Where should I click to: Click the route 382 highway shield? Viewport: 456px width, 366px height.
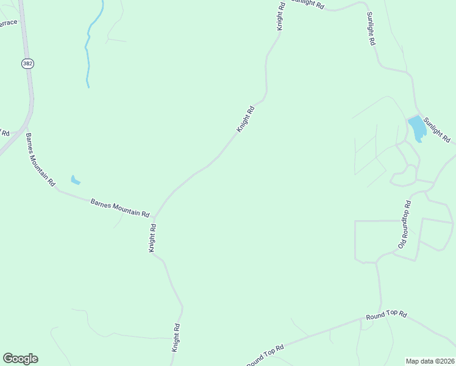coord(27,63)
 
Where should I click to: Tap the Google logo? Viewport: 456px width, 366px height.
coord(20,359)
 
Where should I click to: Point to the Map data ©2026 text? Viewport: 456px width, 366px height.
coord(430,361)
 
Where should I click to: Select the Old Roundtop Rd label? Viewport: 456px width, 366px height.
coord(405,224)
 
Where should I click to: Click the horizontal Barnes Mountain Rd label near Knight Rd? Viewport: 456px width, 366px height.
coord(120,208)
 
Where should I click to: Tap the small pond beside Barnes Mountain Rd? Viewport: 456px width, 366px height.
coord(75,180)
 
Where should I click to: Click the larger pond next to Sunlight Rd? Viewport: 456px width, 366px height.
coord(416,127)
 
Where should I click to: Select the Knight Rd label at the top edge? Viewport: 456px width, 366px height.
coord(281,15)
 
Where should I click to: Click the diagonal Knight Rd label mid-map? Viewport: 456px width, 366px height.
coord(245,120)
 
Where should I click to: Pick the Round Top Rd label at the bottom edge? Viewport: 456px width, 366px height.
coord(266,356)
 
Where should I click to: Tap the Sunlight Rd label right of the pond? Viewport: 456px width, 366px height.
coord(437,130)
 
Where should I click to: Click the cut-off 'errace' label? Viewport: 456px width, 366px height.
coord(9,23)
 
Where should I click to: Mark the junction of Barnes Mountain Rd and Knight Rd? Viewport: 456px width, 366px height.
coord(155,217)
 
